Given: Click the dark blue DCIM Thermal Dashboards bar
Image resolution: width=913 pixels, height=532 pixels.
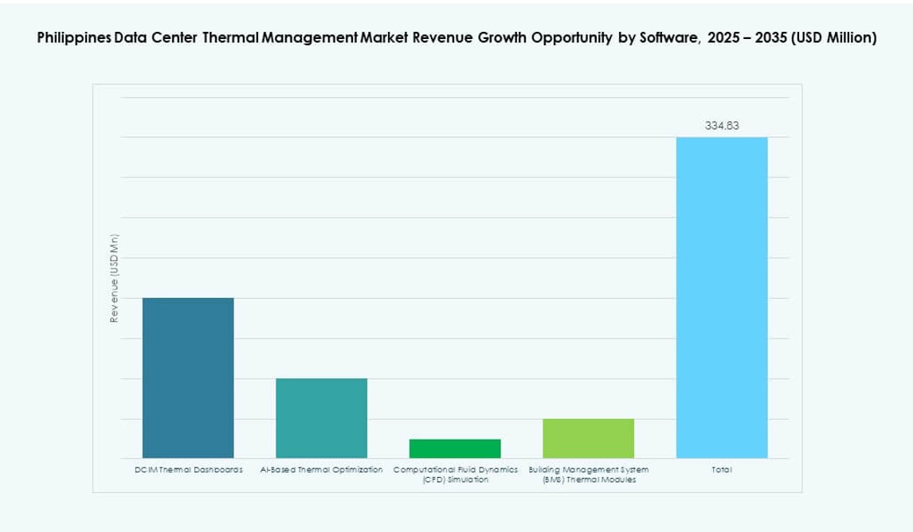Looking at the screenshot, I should pyautogui.click(x=188, y=377).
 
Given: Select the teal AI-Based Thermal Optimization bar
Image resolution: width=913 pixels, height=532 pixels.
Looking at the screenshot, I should pyautogui.click(x=321, y=417).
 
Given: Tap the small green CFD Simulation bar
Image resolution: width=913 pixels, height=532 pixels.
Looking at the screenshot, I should pyautogui.click(x=455, y=448).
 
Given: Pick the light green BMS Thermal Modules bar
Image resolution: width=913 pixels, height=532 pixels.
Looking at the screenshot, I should pyautogui.click(x=588, y=438).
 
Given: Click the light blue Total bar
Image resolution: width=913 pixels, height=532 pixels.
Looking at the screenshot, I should pyautogui.click(x=722, y=297).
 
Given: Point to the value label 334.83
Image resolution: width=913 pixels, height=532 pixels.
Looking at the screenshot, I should pyautogui.click(x=722, y=125).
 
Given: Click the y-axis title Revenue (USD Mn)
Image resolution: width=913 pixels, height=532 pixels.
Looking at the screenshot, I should pyautogui.click(x=114, y=279).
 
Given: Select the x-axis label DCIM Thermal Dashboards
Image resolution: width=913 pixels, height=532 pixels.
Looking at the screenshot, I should pyautogui.click(x=188, y=470).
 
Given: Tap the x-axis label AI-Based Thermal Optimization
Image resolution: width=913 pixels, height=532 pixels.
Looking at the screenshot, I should pyautogui.click(x=321, y=470).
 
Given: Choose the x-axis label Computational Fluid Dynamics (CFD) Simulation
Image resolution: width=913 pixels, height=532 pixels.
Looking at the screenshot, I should pyautogui.click(x=455, y=475).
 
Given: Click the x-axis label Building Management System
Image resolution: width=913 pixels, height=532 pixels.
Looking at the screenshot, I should pyautogui.click(x=588, y=470).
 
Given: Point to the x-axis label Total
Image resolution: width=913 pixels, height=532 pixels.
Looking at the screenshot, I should pyautogui.click(x=722, y=470).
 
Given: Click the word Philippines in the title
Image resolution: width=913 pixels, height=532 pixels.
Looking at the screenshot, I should pyautogui.click(x=71, y=38).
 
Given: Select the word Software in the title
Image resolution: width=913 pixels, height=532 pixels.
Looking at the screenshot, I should pyautogui.click(x=667, y=38).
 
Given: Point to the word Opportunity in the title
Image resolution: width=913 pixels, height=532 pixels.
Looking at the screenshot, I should pyautogui.click(x=566, y=38).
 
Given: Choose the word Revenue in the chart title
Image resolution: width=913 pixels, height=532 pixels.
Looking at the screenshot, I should pyautogui.click(x=440, y=38).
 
